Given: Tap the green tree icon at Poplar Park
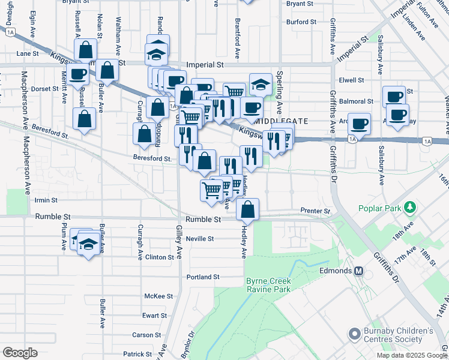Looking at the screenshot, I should (411, 208).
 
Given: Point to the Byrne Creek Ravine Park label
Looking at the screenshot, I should (268, 284).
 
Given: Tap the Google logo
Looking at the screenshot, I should (20, 353).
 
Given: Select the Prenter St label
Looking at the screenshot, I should (315, 212).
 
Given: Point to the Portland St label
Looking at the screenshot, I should (203, 277).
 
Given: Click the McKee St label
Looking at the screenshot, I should (158, 296).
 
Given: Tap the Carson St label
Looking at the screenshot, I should (146, 335).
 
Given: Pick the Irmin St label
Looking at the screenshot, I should (46, 200).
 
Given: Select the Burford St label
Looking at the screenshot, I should (301, 22).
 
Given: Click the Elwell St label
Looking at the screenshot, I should (351, 80).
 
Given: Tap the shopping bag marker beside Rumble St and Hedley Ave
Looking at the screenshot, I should (247, 209).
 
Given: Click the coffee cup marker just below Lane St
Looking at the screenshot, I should (77, 74).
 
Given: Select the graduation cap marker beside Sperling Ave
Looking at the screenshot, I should (261, 85).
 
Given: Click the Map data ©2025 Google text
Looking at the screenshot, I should (412, 355).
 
